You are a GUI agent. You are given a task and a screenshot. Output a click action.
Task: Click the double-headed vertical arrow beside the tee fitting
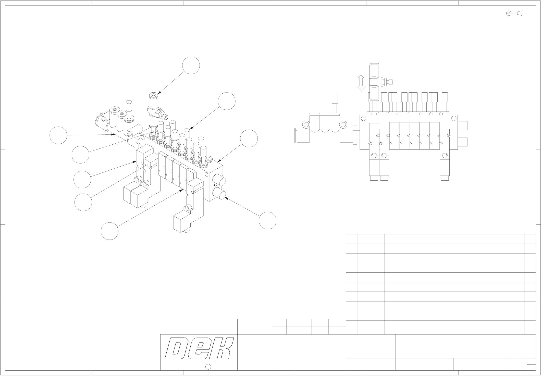click(x=361, y=83)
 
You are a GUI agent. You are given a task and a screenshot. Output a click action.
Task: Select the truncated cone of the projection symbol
click(x=520, y=13)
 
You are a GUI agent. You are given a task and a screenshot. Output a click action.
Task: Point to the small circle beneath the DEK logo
click(x=208, y=367)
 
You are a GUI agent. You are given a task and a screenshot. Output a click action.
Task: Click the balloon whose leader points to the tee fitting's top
click(x=191, y=66)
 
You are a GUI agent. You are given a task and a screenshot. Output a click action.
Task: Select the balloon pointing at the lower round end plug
click(x=267, y=220)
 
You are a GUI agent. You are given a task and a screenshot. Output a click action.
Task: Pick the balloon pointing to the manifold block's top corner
click(x=249, y=139)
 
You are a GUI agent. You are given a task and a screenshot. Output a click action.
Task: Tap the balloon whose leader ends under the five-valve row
click(x=109, y=231)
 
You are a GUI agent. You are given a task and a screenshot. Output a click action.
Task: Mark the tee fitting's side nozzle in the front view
click(x=390, y=82)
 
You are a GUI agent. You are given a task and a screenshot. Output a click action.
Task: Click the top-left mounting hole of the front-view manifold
click(x=364, y=118)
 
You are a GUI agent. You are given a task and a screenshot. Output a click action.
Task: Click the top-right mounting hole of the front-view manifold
click(x=453, y=118)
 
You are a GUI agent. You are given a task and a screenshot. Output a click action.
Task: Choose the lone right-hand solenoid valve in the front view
click(x=445, y=156)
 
